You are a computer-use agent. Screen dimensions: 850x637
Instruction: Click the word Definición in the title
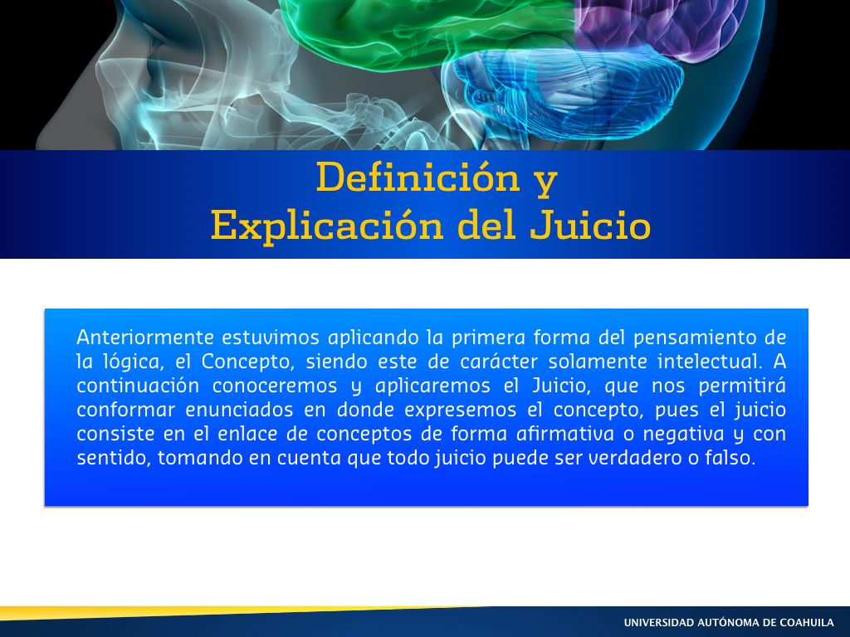pyautogui.click(x=418, y=177)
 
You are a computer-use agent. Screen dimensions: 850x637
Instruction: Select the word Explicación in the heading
pyautogui.click(x=327, y=226)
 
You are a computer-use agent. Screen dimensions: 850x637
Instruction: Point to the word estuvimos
pyautogui.click(x=271, y=338)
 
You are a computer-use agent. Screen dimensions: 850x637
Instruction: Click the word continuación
pyautogui.click(x=139, y=386)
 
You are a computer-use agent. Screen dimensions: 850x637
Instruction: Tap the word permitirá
pyautogui.click(x=741, y=386)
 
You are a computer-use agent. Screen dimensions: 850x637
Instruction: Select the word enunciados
pyautogui.click(x=239, y=410)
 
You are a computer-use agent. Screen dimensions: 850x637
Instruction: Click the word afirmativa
pyautogui.click(x=564, y=433)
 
